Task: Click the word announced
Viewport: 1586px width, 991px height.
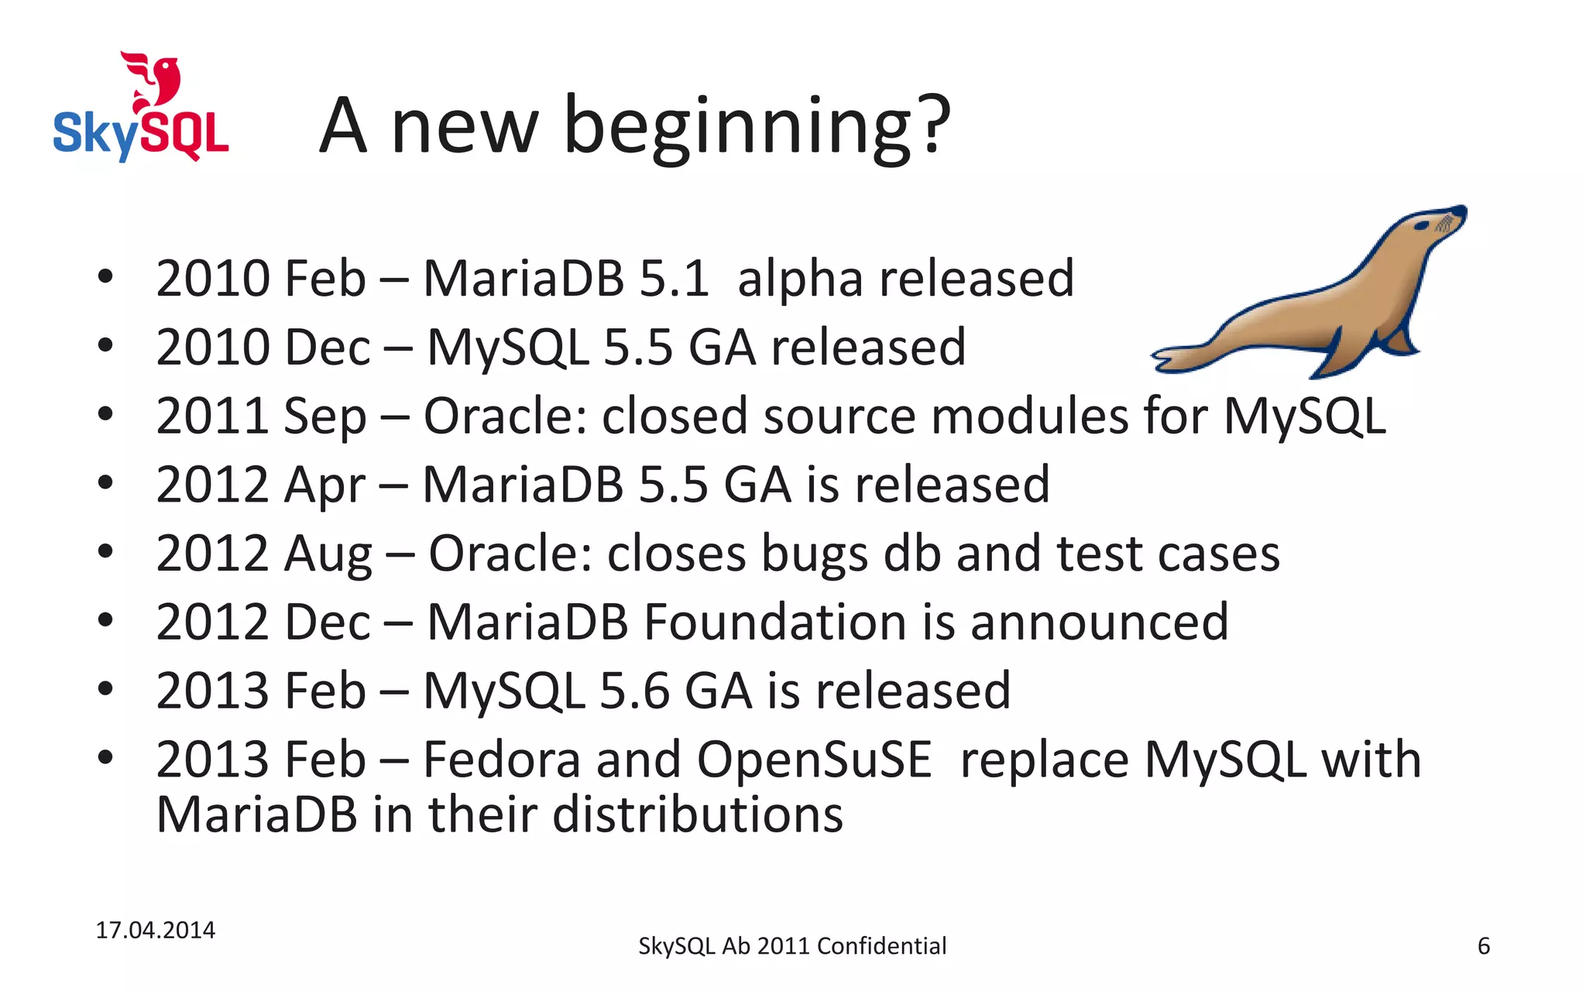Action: [x=1099, y=622]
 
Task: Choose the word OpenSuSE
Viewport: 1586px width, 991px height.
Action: [x=814, y=761]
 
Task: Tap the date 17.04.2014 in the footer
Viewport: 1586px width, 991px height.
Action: [x=155, y=930]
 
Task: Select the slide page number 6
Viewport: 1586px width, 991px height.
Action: [x=1483, y=946]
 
